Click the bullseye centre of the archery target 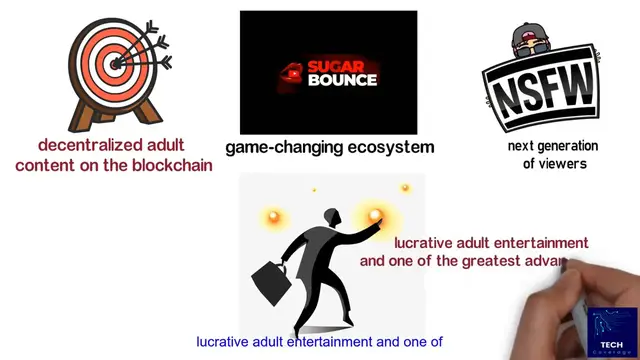click(114, 62)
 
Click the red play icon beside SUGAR click(293, 71)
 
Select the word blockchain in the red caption click(172, 165)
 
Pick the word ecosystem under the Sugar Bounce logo click(389, 147)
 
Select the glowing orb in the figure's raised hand click(377, 215)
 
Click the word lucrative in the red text click(426, 243)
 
